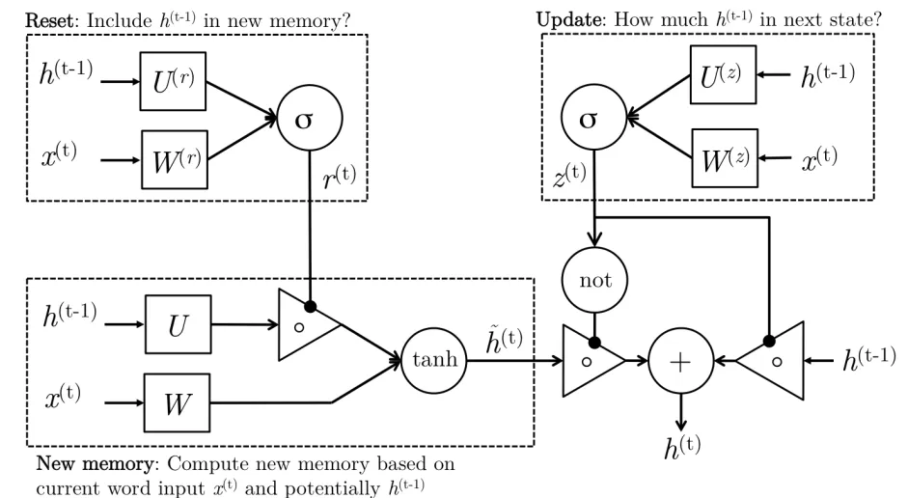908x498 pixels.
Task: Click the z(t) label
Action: (x=568, y=174)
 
